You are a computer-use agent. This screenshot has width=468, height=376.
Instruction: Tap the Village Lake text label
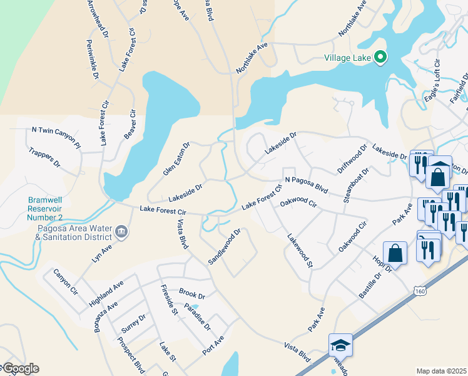tap(348, 58)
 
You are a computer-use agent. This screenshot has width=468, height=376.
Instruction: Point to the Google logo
tap(20, 368)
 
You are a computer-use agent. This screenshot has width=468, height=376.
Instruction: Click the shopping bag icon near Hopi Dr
tap(395, 254)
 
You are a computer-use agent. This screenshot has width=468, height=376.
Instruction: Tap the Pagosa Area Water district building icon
tap(121, 232)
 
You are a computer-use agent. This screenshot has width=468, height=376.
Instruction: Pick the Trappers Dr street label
tap(44, 157)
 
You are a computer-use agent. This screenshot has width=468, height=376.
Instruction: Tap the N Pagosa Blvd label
tap(307, 184)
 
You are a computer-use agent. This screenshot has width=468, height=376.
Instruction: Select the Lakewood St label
tap(300, 251)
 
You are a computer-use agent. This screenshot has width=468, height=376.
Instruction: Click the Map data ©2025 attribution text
tap(442, 371)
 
